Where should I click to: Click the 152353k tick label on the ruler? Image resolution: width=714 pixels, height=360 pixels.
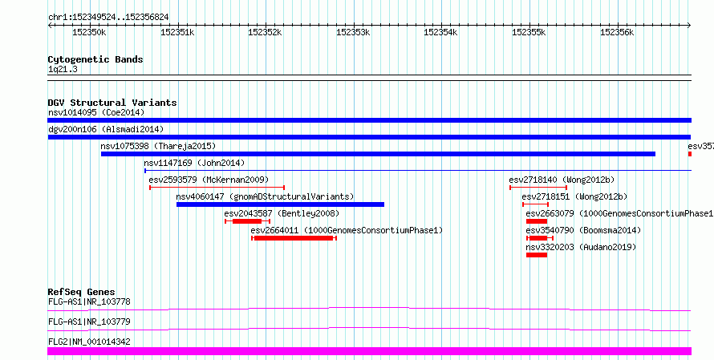click(x=353, y=32)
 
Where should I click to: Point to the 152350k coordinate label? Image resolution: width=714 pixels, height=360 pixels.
click(x=89, y=32)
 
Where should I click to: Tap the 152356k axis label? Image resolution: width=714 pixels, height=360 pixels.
click(x=617, y=32)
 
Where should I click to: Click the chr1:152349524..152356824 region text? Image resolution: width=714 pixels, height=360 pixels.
click(x=108, y=18)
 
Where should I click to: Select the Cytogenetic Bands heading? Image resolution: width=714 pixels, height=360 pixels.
click(x=95, y=59)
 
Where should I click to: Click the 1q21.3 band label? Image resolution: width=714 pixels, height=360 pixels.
click(x=63, y=70)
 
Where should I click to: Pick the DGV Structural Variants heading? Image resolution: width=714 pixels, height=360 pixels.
click(x=112, y=103)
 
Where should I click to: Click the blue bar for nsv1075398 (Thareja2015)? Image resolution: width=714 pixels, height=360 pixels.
click(x=378, y=154)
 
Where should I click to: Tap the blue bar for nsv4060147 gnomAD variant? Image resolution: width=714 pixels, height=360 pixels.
click(x=280, y=204)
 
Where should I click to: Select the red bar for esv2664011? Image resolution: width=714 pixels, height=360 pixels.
click(x=294, y=238)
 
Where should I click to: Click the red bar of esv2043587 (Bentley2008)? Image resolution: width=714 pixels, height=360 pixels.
click(x=247, y=221)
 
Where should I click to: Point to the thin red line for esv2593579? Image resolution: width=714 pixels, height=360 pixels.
click(x=217, y=188)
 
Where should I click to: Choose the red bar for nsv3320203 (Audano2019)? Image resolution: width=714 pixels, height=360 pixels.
click(x=537, y=255)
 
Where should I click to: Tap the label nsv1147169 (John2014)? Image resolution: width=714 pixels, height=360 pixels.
click(x=194, y=163)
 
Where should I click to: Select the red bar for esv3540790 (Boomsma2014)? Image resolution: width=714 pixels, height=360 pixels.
click(x=538, y=238)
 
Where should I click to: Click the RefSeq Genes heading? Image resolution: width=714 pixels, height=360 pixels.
click(x=82, y=292)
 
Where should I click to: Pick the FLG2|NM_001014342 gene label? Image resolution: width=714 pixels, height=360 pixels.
click(x=89, y=342)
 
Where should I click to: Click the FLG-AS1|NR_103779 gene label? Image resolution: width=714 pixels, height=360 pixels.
click(x=89, y=322)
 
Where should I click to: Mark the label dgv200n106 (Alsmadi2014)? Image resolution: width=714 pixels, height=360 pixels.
click(x=106, y=129)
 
